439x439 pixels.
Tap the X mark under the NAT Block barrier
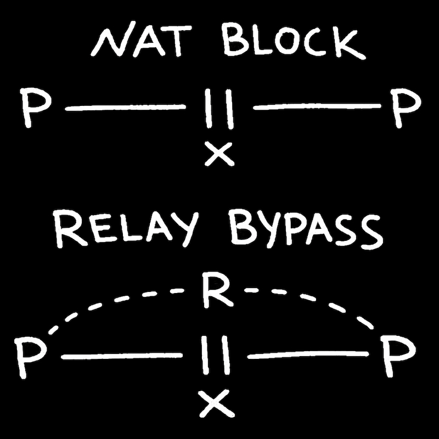[x=218, y=154]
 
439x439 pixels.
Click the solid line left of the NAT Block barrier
[x=125, y=108]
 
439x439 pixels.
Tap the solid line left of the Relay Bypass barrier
[x=122, y=357]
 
